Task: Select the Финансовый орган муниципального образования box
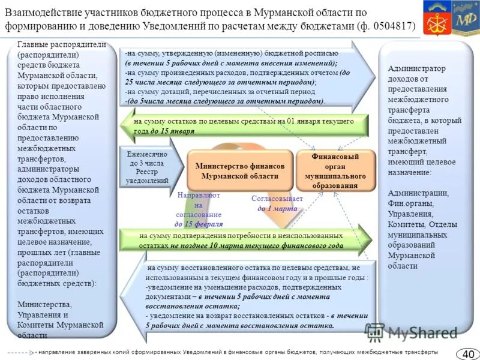tap(335, 171)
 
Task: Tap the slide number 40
tap(467, 353)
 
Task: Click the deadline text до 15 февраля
tap(199, 224)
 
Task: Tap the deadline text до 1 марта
tap(277, 208)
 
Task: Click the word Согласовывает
tap(277, 199)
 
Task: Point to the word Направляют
tap(199, 196)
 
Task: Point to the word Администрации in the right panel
tap(418, 193)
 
